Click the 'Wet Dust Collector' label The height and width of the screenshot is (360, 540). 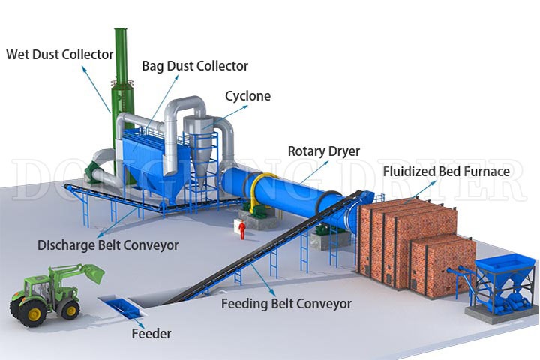pos(60,54)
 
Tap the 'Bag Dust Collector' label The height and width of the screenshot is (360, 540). pos(195,66)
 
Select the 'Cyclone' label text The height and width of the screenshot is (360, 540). pos(247,96)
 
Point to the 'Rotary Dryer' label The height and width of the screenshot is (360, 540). pos(324,151)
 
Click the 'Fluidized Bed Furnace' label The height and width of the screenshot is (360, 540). pos(446,172)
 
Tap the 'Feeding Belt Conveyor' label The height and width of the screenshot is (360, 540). pos(286,304)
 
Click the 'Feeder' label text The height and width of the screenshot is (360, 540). pos(151,333)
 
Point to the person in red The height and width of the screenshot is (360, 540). pos(242,228)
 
